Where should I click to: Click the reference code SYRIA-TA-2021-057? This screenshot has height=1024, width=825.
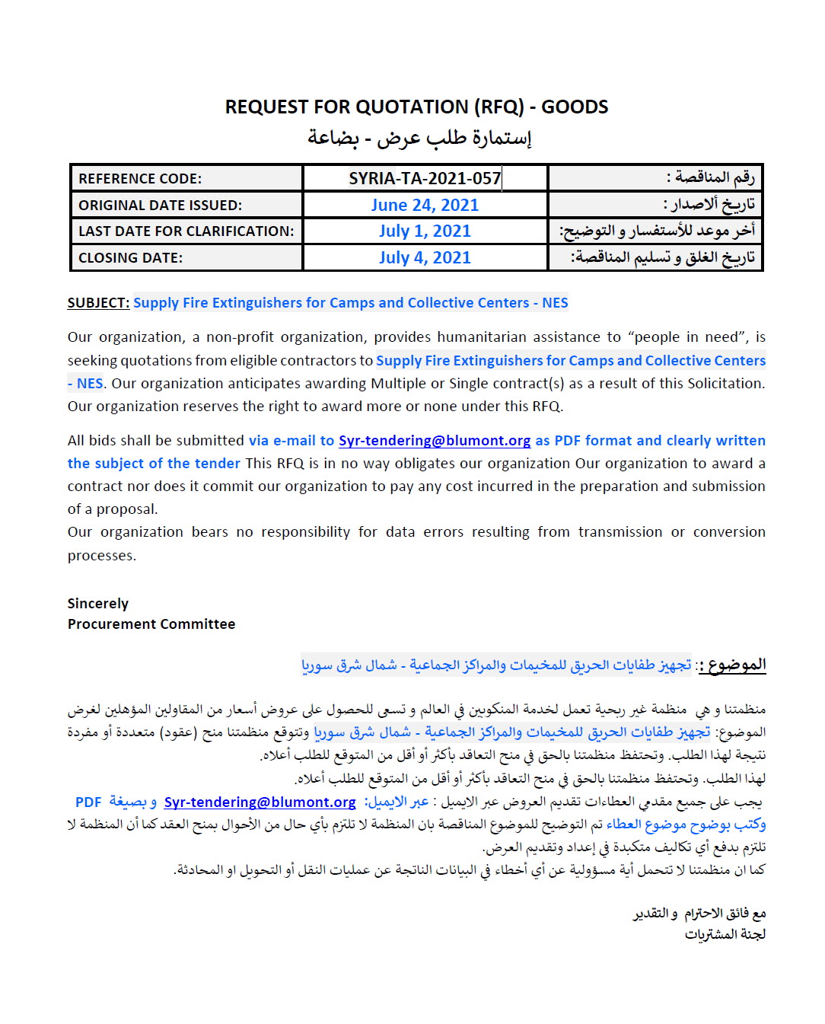coord(425,178)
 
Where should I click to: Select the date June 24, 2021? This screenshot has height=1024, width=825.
coord(425,205)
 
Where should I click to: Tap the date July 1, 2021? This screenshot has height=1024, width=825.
coord(425,231)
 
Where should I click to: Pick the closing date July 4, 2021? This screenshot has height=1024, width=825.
coord(425,257)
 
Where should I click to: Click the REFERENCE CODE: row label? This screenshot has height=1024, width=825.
coord(140,179)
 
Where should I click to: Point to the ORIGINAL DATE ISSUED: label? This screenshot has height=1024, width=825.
coord(160,206)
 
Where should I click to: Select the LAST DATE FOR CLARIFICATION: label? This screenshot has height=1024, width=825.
coord(186,231)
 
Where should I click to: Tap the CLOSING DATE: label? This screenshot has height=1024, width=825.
coord(130,258)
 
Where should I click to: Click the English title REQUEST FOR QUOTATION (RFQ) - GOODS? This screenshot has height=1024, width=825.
coord(416,107)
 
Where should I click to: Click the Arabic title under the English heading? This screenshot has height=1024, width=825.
coord(419,138)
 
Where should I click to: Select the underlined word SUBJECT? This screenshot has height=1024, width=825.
coord(98,303)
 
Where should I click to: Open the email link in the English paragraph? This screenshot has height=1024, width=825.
coord(435,441)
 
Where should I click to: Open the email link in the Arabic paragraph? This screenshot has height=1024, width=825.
coord(260,802)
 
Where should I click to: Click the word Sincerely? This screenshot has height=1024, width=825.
coord(98,604)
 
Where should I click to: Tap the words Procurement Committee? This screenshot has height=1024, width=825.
coord(151,624)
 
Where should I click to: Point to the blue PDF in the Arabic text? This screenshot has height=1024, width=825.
coord(88,802)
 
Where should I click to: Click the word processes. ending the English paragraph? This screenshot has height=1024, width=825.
coord(102,556)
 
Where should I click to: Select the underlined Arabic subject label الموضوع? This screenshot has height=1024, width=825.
coord(736,665)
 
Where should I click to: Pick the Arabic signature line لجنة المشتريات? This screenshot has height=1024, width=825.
coord(725,934)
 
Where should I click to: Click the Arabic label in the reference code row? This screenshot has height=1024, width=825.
coord(711,177)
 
